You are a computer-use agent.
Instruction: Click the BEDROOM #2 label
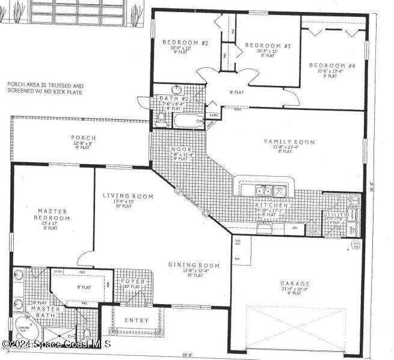185,43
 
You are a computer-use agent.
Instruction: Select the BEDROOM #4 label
331,65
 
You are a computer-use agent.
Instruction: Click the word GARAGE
295,283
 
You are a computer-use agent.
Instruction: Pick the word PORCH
83,138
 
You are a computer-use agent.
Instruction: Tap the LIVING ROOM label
128,196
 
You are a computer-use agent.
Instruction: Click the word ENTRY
136,320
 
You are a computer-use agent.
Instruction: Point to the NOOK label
181,149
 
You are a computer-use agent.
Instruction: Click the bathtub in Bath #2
189,121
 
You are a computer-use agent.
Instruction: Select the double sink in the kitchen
262,191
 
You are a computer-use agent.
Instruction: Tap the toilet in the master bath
87,333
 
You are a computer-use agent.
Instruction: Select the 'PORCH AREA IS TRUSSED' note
46,88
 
